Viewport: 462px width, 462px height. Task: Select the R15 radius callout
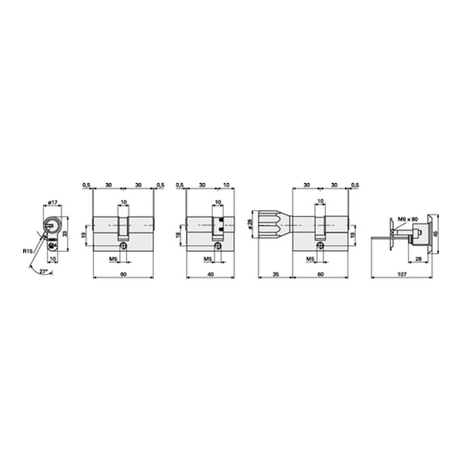(27, 252)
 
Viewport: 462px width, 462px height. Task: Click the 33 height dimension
(65, 235)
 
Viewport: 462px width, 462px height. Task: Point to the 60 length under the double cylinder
(123, 274)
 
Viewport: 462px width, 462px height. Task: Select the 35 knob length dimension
(275, 274)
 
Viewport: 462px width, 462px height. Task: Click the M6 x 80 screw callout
(407, 219)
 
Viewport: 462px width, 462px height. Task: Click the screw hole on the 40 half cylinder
(218, 245)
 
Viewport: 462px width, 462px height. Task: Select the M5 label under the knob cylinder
(309, 259)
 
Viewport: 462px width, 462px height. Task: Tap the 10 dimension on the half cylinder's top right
(225, 185)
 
